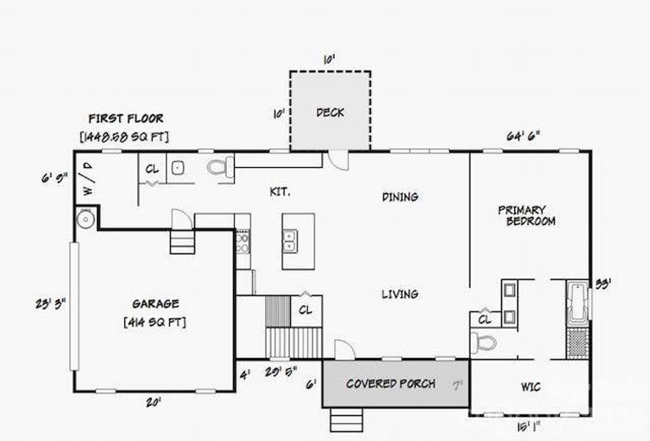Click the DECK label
(330, 112)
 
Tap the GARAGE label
(155, 304)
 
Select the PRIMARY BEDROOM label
(529, 215)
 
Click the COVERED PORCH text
(390, 383)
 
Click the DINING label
(400, 197)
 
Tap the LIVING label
(400, 294)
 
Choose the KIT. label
(280, 192)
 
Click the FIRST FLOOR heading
(126, 118)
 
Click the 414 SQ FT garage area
(155, 321)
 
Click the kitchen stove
(242, 241)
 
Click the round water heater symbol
(85, 218)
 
